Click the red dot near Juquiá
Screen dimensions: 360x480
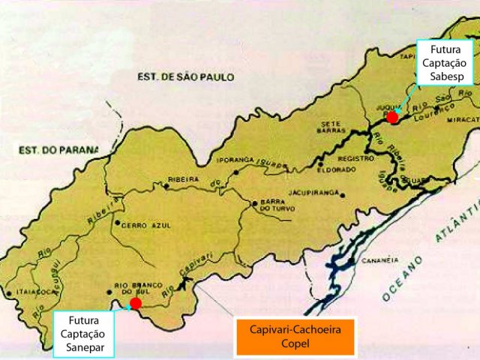coord(391,117)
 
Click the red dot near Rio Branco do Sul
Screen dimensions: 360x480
coord(135,303)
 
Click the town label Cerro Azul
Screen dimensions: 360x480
coord(139,223)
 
